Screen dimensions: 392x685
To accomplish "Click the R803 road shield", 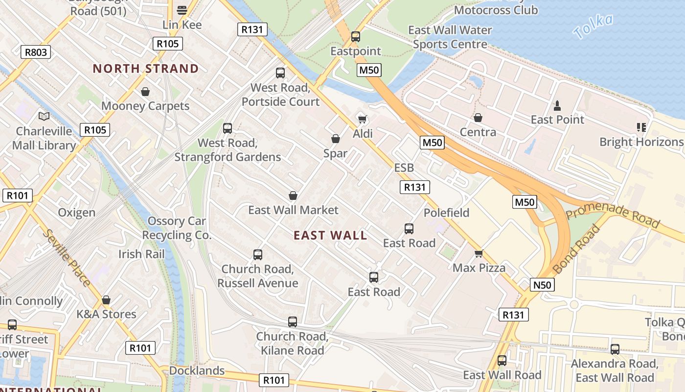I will point(36,52).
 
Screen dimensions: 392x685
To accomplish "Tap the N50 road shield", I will point(542,285).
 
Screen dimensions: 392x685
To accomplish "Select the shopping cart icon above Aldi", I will point(363,119).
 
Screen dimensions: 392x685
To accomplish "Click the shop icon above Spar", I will point(336,139).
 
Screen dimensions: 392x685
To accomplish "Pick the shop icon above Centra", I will point(478,118).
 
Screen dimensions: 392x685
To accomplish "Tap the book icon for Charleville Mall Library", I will point(44,117).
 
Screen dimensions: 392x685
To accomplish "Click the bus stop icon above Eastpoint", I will point(356,37).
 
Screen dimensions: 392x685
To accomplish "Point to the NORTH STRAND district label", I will point(146,69).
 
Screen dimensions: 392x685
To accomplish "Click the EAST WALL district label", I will point(330,236).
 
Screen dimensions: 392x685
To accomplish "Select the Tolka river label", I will point(593,26).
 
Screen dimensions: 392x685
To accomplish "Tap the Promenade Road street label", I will point(613,214).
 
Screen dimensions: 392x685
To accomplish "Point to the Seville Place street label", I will point(66,258).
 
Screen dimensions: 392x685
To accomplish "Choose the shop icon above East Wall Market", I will point(293,196).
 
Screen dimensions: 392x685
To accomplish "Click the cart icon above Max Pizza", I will point(479,253).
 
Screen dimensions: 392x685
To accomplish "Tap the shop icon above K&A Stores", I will point(106,300).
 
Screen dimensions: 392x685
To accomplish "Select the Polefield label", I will point(446,213).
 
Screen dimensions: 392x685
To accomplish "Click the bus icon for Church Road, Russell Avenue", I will point(258,255).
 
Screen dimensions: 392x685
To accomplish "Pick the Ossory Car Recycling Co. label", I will point(177,228).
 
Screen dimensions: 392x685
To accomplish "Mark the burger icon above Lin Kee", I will point(182,10).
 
